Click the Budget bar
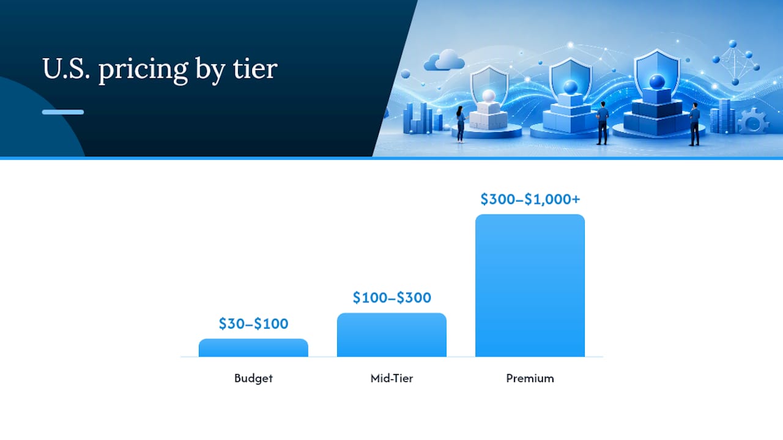click(x=253, y=348)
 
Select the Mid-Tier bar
click(x=391, y=335)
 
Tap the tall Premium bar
click(x=530, y=285)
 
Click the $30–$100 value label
click(x=253, y=324)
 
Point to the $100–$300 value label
click(x=392, y=298)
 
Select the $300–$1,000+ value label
click(x=530, y=199)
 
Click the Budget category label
click(x=253, y=378)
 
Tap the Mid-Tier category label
click(x=392, y=378)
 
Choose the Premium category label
click(x=530, y=378)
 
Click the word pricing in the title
click(x=144, y=70)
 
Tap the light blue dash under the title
click(x=63, y=112)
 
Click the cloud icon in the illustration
click(x=444, y=60)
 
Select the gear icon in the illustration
click(x=753, y=121)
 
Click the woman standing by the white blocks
click(x=461, y=124)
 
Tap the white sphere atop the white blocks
click(x=488, y=96)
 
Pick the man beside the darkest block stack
click(x=694, y=124)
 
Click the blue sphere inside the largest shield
click(x=657, y=82)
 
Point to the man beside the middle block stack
click(x=603, y=123)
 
